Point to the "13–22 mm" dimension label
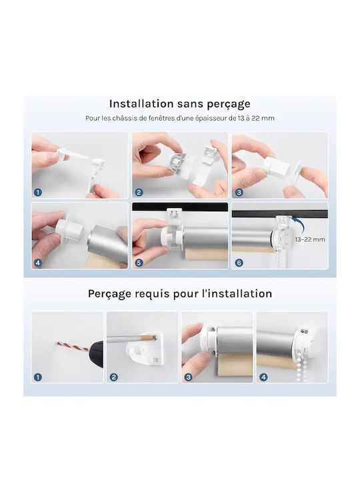tap(310, 239)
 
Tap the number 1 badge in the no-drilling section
tap(38, 192)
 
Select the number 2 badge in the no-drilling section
tap(139, 192)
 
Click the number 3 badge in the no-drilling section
tap(239, 192)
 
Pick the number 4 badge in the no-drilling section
tap(38, 263)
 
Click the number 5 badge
tap(139, 263)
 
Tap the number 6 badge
tap(239, 263)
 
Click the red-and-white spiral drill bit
tap(73, 347)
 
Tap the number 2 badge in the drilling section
tap(113, 377)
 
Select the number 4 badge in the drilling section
tap(263, 377)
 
